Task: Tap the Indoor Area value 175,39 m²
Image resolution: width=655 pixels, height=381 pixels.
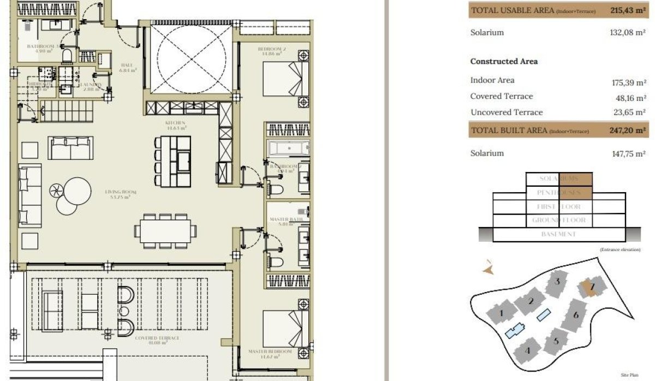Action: pos(629,83)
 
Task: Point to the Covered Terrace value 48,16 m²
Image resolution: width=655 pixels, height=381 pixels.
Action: pos(631,99)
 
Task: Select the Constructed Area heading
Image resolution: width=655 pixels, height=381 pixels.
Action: pos(504,62)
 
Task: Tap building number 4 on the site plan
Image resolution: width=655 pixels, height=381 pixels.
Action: pos(527,350)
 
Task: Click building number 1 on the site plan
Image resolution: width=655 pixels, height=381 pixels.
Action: pos(501,313)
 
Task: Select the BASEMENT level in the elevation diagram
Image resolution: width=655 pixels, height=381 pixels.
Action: pos(559,234)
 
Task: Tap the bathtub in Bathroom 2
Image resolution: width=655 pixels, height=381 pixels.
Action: pos(288,147)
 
